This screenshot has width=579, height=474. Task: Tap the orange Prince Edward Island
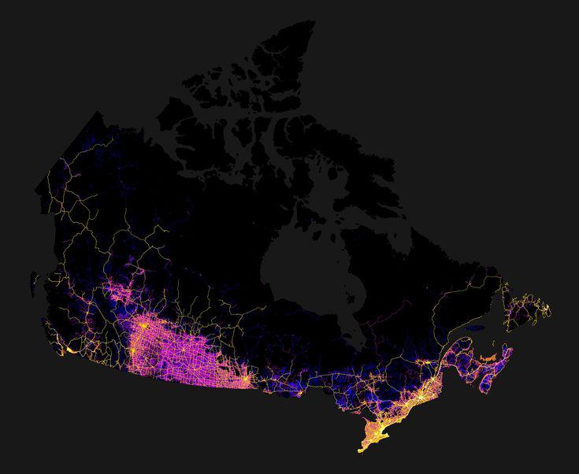[x=489, y=359]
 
